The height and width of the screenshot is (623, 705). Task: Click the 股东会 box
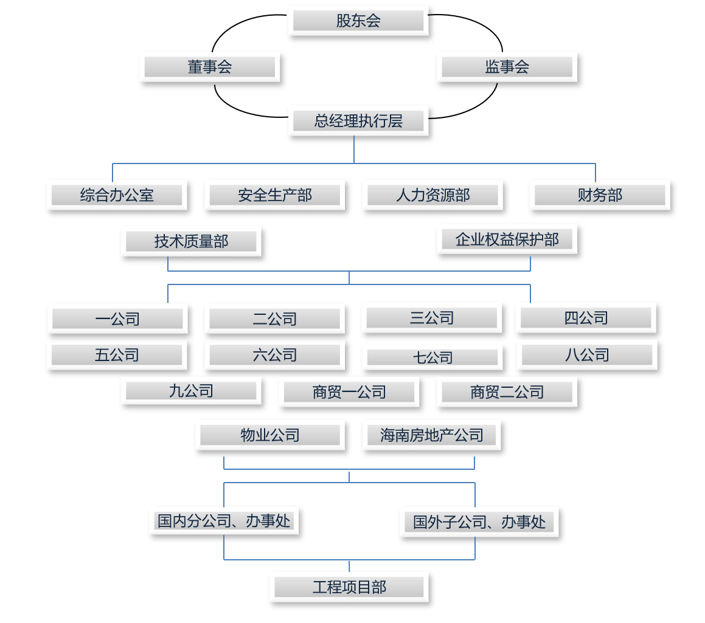358,21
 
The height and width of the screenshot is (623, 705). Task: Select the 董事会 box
210,67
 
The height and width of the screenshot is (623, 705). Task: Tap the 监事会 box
507,67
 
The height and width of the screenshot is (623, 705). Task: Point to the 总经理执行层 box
358,120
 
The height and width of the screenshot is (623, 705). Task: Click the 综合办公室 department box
117,195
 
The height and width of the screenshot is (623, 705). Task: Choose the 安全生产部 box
275,195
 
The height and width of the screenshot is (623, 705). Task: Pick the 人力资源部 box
432,195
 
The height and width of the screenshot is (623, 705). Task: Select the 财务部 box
600,195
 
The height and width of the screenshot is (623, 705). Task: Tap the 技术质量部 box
191,241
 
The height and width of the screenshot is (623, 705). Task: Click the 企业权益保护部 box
507,239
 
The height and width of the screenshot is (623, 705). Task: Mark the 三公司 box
432,318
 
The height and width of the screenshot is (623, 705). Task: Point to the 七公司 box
432,358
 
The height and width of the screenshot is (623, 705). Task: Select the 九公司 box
191,391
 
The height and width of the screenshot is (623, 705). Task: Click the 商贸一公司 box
349,392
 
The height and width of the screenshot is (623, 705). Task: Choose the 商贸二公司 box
507,392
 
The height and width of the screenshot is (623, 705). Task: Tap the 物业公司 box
270,435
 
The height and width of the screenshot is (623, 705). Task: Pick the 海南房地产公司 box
432,435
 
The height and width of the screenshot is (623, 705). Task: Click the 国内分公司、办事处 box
224,521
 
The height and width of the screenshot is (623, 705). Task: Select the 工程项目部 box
349,587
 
